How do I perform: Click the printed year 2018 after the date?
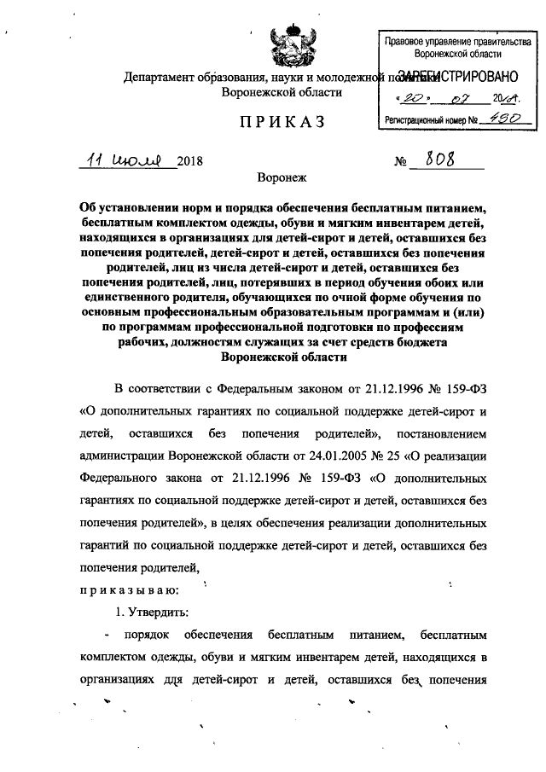190,162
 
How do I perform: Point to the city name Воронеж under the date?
281,178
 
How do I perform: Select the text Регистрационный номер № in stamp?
430,122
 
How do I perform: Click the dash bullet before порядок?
106,636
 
